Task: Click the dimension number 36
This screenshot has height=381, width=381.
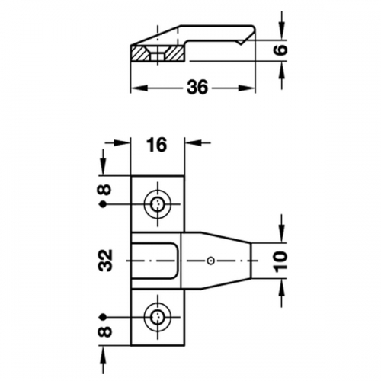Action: pos(197,87)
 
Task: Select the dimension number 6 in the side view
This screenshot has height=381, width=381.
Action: pos(281,50)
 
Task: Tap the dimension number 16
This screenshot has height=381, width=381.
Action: pos(157,145)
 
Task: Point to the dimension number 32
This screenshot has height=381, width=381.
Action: pos(105,261)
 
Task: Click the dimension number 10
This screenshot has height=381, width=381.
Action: pos(281,261)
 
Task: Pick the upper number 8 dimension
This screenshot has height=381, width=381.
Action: pos(106,190)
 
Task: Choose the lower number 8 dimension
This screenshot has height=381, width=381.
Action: pos(106,331)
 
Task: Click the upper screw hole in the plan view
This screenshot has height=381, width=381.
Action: pos(158,203)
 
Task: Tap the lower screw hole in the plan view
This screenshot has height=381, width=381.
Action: pos(158,317)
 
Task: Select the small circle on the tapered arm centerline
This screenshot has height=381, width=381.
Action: pos(210,261)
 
